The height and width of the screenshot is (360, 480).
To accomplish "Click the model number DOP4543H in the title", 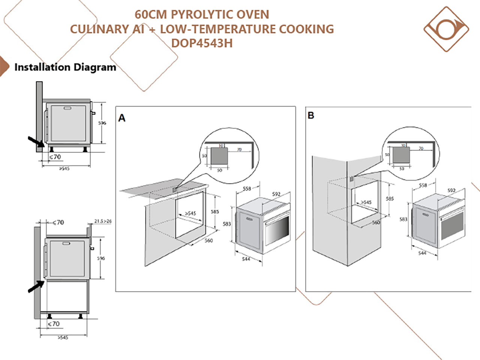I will coord(202,43).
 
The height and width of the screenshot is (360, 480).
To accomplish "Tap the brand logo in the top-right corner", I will coord(446,29).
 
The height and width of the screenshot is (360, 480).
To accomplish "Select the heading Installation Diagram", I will coord(65,67).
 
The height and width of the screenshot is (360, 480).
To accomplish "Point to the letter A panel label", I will coord(122,118).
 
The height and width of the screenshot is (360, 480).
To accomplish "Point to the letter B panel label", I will coord(311,115).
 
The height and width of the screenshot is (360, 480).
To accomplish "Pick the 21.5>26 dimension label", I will coord(103,221).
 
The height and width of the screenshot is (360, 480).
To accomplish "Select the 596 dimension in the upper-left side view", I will coord(102,123).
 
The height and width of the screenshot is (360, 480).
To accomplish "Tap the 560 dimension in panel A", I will coord(208,240).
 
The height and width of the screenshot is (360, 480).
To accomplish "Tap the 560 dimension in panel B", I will coord(376,222).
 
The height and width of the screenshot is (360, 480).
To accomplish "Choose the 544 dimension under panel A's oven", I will coord(246,259).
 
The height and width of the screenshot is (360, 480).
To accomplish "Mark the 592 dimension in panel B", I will coord(451,190).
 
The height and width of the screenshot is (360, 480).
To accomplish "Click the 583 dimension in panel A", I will coord(227,224).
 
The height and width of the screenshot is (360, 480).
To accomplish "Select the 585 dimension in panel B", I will coord(390,198).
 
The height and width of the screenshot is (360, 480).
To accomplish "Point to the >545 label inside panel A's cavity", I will coord(190,213).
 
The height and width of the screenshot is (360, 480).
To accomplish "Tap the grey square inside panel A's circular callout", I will coord(219,156).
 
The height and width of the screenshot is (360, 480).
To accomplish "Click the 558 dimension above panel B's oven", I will coord(423,185).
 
